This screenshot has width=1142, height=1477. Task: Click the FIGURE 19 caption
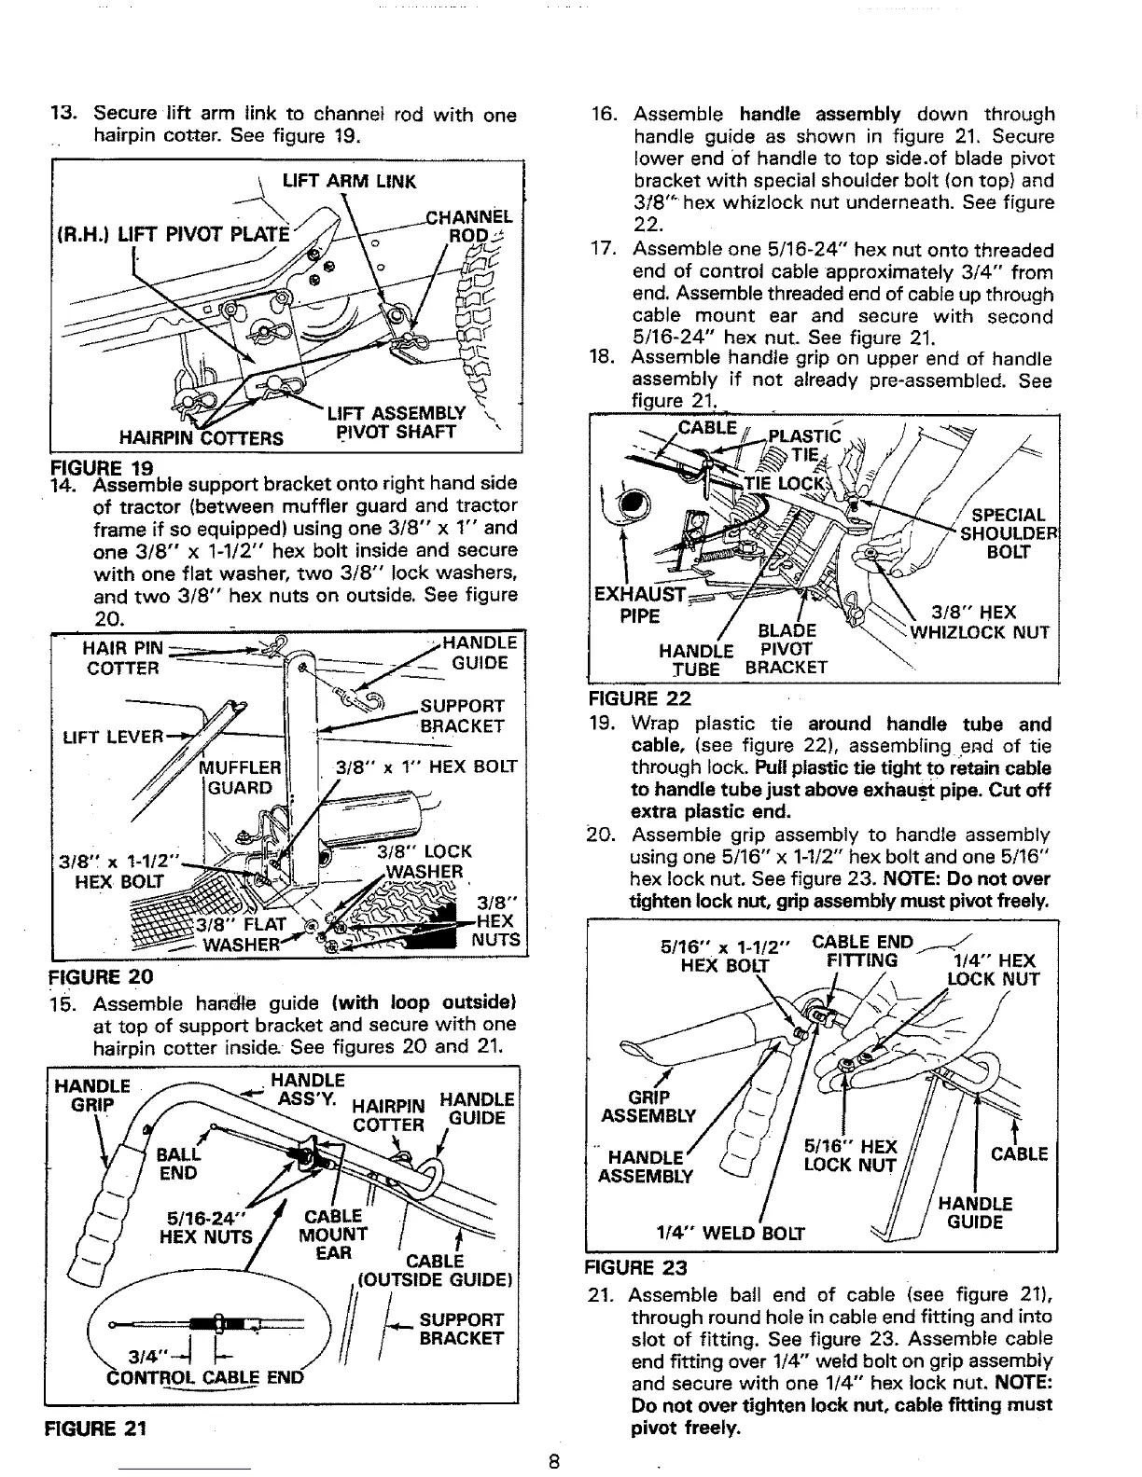(101, 464)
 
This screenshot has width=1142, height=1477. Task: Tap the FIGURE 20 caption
(101, 977)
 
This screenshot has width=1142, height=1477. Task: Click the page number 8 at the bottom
(553, 1462)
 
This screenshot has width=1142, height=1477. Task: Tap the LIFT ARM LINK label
(349, 181)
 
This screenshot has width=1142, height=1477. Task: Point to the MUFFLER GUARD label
(241, 777)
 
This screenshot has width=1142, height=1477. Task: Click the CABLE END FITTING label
(862, 950)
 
